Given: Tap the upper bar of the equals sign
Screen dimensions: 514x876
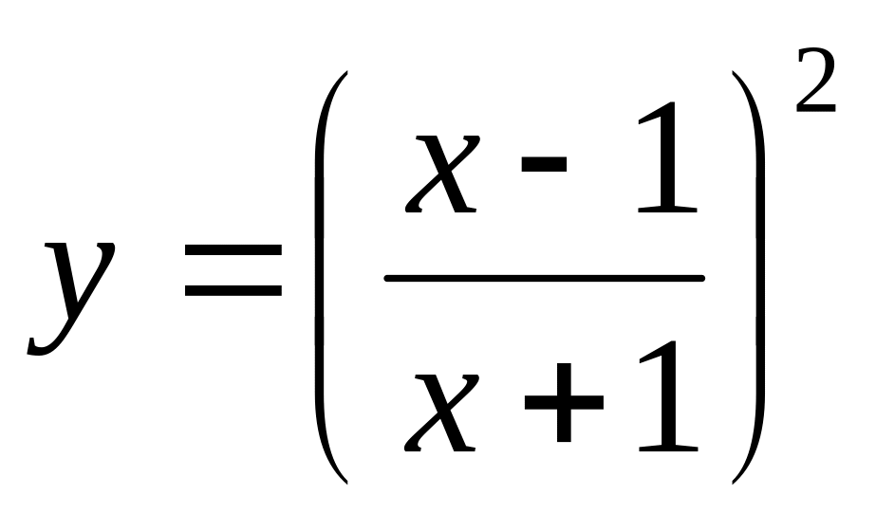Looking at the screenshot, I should (x=233, y=251).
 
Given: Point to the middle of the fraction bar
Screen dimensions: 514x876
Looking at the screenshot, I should (x=544, y=278).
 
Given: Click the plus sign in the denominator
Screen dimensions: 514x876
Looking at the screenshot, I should (x=563, y=403).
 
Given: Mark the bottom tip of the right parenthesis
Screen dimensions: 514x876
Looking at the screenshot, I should (x=733, y=483).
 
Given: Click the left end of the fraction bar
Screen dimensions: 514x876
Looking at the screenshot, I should (x=385, y=278).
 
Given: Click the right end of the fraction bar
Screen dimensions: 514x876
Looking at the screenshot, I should (x=703, y=278).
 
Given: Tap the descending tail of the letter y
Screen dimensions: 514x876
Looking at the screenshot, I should (x=43, y=348).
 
